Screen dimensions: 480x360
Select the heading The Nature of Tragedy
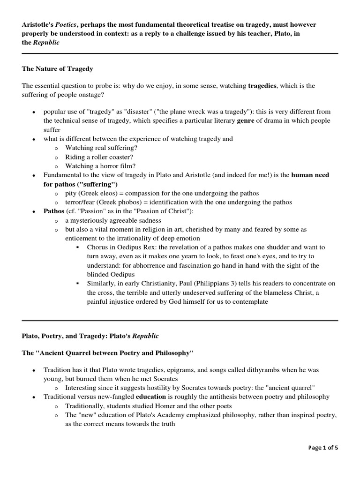tap(58, 69)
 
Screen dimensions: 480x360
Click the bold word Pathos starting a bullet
tap(53, 211)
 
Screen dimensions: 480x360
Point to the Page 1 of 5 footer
tap(323, 448)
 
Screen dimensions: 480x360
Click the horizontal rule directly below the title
tap(180, 53)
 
